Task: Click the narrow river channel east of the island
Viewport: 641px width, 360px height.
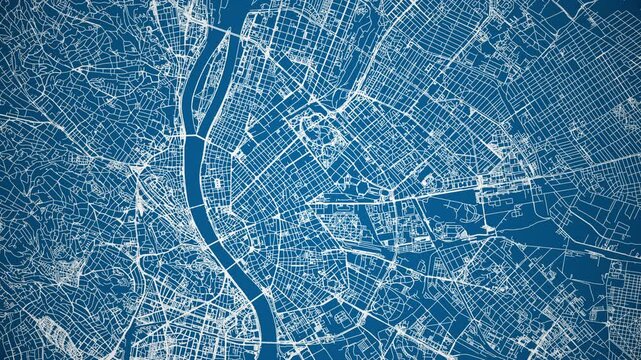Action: coord(221,85)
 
